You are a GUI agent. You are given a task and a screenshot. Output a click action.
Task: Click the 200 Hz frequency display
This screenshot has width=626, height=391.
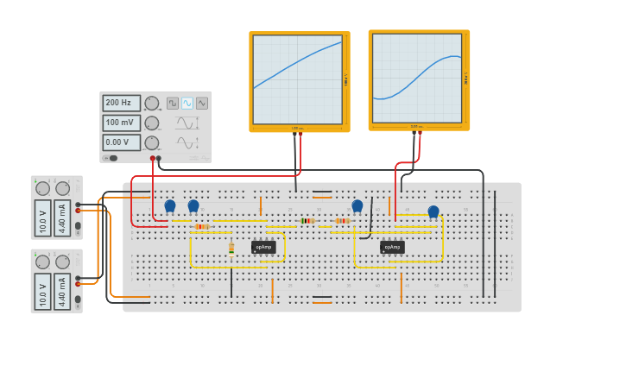tap(121, 103)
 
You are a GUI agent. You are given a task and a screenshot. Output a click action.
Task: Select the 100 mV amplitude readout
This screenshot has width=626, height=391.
tap(121, 123)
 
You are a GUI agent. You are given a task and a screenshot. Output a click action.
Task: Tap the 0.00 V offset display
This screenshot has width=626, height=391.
tap(121, 142)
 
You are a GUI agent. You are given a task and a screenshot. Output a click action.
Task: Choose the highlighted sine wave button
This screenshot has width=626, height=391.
tap(187, 103)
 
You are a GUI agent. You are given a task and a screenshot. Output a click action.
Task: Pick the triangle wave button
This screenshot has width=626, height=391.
tap(202, 103)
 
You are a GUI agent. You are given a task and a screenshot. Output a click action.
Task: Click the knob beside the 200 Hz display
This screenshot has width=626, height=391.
tap(151, 103)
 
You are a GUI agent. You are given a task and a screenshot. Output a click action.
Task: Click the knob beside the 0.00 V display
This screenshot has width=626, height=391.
tap(151, 142)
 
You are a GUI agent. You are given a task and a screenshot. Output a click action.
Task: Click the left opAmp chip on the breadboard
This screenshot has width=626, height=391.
tap(263, 247)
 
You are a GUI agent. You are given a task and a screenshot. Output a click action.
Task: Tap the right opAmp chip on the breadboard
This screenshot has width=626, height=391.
tap(392, 247)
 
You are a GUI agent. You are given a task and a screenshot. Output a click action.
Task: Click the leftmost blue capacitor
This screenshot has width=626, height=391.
tap(170, 205)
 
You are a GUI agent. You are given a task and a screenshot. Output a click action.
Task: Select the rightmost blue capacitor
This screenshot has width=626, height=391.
tap(433, 211)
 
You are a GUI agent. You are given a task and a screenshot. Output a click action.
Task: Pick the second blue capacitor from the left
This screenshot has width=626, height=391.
tap(193, 205)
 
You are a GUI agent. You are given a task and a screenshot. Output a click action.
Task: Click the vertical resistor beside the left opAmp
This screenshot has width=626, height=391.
tap(231, 249)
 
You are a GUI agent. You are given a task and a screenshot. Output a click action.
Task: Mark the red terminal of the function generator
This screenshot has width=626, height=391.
tap(153, 159)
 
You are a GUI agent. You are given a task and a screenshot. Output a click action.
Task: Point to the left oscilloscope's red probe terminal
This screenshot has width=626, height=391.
tap(300, 134)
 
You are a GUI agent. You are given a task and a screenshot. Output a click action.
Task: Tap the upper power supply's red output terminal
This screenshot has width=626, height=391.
tap(78, 211)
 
